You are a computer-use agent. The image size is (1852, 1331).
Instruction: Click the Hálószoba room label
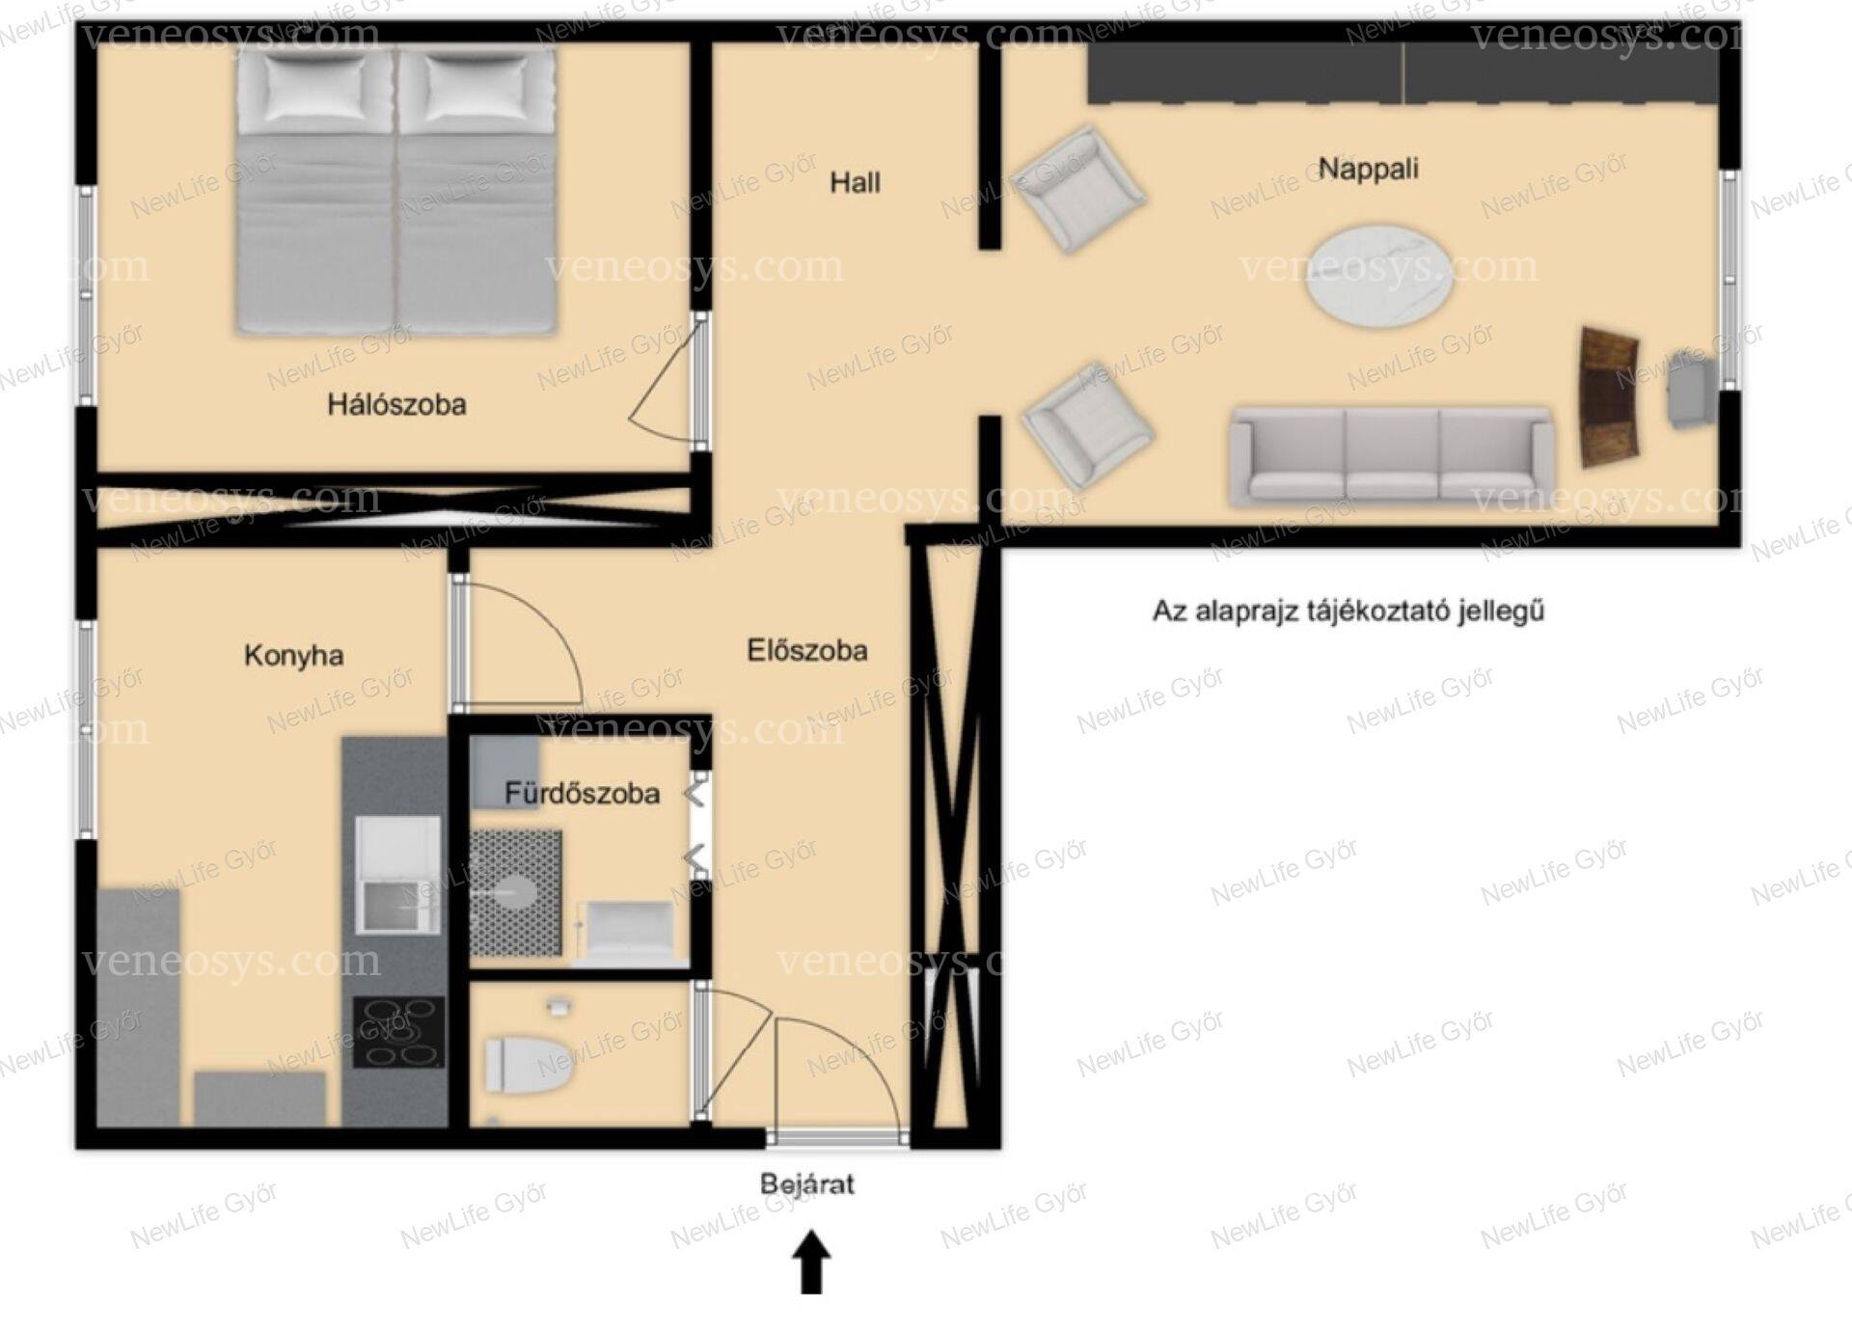396,404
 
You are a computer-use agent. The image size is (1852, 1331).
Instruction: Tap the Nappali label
1368,169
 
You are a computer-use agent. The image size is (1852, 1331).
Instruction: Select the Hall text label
855,182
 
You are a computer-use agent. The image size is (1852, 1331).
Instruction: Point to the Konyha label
293,656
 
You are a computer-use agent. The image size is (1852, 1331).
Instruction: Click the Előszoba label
807,650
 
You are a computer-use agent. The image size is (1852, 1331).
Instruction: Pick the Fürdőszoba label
583,794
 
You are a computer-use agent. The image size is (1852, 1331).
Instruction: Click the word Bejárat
807,1183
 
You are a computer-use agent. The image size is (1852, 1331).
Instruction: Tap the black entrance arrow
811,1262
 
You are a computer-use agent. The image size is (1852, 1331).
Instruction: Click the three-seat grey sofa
1391,456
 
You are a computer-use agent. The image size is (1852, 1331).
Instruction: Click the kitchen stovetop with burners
398,1032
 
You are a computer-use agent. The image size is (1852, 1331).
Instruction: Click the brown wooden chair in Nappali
1609,396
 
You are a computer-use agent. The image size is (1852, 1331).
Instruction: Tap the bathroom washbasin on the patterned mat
514,892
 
